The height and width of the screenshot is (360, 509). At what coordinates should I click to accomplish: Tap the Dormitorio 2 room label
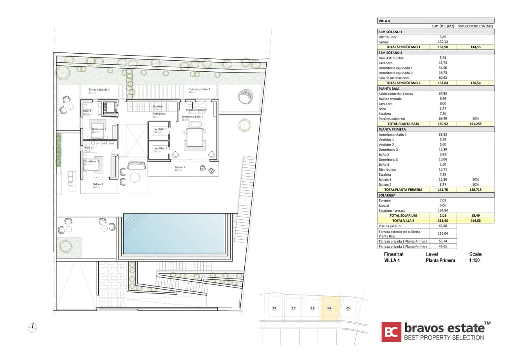coord(99,129)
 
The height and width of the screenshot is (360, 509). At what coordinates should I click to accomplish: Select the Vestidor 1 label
coord(161,129)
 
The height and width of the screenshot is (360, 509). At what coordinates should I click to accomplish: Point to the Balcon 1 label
coord(180,167)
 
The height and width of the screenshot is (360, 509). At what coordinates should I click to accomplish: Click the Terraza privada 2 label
coord(99,90)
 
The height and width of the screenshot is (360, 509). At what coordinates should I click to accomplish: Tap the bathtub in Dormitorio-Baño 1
coord(195,125)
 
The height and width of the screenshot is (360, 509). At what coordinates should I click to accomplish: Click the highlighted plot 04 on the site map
coord(330,308)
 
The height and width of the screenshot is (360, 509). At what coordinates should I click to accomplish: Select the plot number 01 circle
coord(275,308)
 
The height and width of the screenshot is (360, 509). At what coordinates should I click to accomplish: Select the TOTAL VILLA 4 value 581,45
coord(443,221)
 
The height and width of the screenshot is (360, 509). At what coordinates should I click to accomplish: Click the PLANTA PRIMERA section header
coord(392,129)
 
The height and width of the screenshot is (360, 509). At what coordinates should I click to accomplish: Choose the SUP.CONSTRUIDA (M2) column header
coord(475,26)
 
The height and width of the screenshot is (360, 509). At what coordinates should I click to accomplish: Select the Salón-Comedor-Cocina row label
coord(395,94)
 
